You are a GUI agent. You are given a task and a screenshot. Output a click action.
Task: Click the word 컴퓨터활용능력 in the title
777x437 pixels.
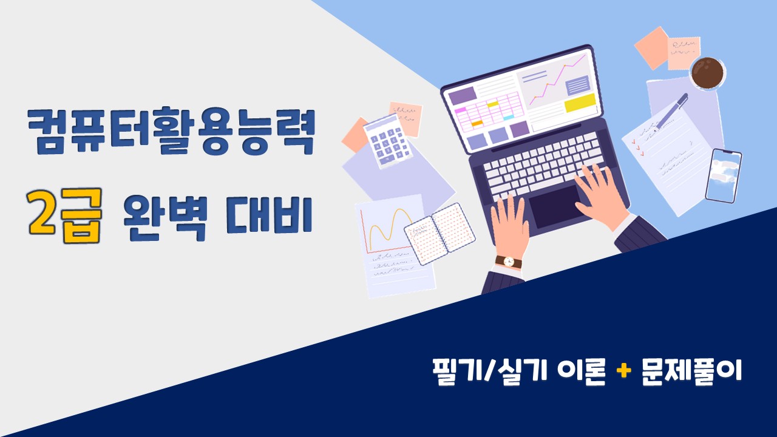tap(171, 130)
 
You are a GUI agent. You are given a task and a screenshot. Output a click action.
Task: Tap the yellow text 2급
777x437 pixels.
tap(65, 215)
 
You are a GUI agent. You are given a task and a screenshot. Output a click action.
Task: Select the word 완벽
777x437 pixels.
tap(165, 217)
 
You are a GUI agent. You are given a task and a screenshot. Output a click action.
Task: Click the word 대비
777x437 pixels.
tap(269, 215)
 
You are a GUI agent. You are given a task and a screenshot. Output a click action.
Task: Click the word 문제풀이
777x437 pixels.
tap(691, 371)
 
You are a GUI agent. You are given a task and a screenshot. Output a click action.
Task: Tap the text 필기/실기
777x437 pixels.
tap(490, 371)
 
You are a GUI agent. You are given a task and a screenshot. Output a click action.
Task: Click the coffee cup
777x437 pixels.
tap(707, 73)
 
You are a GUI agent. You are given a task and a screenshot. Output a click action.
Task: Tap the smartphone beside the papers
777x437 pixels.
tap(724, 175)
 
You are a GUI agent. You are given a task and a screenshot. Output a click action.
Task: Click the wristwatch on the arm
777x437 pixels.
tap(509, 262)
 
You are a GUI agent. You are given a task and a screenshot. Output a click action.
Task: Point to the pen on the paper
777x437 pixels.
tap(671, 112)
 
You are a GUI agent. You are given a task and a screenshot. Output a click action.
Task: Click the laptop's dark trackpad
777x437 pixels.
tap(555, 206)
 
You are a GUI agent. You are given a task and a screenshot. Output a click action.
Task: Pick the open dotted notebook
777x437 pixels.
tap(440, 234)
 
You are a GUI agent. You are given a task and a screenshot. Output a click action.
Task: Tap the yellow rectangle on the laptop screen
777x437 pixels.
tap(580, 103)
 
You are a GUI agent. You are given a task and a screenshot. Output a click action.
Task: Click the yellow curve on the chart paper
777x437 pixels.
tap(391, 229)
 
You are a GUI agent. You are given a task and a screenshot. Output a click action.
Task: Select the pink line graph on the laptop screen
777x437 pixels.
tap(557, 80)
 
